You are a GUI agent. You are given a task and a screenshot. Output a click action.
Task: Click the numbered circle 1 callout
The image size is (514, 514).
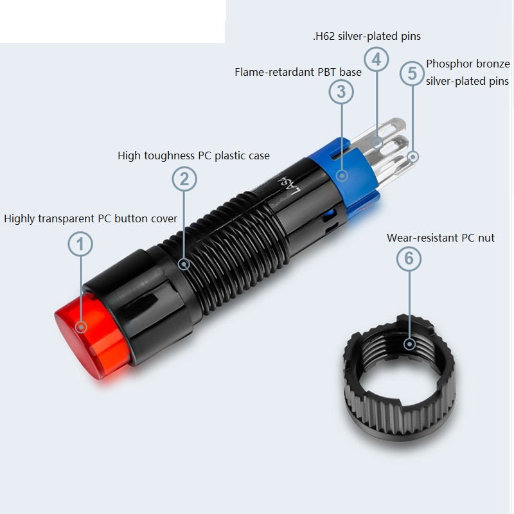(80, 244)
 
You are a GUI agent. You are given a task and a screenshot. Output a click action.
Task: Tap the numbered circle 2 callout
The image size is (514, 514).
(184, 179)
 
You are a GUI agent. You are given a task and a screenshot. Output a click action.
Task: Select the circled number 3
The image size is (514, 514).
(341, 91)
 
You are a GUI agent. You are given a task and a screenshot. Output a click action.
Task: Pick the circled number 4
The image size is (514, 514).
(377, 59)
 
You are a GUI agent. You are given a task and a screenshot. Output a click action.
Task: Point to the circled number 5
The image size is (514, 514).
(412, 73)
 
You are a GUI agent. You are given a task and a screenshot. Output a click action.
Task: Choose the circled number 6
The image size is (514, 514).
(409, 258)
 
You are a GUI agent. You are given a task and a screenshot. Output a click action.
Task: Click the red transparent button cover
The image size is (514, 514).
(92, 336)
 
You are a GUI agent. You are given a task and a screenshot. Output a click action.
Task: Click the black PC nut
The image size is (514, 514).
(399, 375)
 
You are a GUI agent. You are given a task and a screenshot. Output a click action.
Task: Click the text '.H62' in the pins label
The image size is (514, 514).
(324, 36)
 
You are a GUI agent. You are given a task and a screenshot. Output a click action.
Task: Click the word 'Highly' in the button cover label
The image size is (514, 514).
(19, 219)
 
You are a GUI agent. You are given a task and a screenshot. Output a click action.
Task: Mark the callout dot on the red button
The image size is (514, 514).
(81, 327)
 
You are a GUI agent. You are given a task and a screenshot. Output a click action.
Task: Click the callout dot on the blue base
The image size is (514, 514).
(342, 175)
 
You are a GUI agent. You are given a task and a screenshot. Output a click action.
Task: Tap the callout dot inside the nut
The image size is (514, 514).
(409, 344)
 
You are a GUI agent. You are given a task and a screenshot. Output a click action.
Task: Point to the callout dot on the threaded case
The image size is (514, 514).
(184, 264)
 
